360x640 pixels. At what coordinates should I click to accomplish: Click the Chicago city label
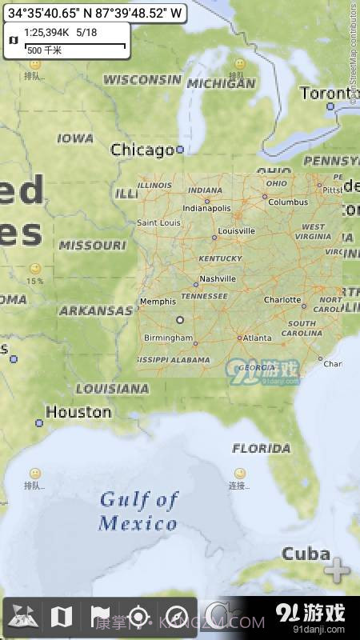pos(142,150)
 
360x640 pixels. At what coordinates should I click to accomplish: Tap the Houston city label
pos(78,412)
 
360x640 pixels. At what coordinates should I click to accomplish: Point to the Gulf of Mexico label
pos(138,512)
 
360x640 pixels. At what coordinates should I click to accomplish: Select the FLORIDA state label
pos(262,448)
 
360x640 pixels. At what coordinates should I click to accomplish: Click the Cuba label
pos(306,554)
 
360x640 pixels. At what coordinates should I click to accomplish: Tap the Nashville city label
pos(218,278)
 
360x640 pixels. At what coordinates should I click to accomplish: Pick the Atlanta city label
pos(258,338)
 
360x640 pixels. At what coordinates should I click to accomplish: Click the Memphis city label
pos(158,302)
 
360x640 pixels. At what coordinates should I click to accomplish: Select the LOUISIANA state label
pos(112,389)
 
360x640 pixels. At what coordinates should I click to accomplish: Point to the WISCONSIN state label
pos(142,79)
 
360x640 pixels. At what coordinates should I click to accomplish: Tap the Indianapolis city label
pos(206,207)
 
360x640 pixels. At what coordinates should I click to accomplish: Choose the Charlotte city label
pos(282,300)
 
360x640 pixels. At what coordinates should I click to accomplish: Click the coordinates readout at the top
pos(94,13)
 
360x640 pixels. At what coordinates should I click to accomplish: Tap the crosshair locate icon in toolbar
pos(138,617)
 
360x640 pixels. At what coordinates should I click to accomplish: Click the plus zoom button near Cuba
pos(337,571)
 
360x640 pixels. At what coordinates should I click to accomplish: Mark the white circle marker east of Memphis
pos(180,319)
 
